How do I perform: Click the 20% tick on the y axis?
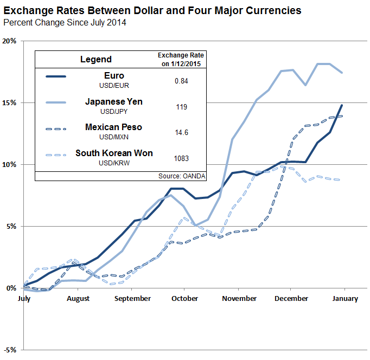point(10,41)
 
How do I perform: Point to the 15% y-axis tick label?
point(10,102)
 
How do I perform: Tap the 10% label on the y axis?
point(10,164)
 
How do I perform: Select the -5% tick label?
point(10,350)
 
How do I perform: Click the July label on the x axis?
point(24,298)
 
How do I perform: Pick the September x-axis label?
point(133,298)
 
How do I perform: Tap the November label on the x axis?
point(239,298)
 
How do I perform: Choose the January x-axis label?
point(345,298)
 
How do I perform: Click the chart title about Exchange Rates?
point(152,10)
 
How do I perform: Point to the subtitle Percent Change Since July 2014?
point(65,23)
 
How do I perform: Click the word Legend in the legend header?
point(95,60)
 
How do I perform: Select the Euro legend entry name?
point(114,76)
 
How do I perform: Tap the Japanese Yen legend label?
point(114,101)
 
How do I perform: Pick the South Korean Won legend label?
point(114,153)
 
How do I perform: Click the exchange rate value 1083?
point(181,158)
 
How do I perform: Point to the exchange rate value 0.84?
point(181,80)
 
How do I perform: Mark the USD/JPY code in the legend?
point(114,111)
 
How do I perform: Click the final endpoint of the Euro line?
point(342,105)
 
